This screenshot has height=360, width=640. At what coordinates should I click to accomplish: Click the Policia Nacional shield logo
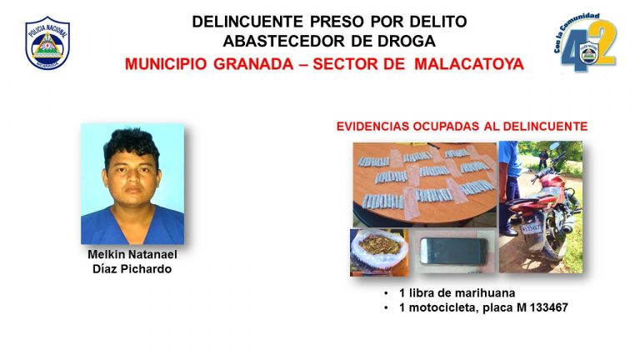point(47,42)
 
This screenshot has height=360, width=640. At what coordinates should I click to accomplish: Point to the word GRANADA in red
point(253,64)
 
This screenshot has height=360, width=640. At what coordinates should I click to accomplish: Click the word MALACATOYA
point(469,64)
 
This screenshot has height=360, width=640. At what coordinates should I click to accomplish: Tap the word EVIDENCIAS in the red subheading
point(372,127)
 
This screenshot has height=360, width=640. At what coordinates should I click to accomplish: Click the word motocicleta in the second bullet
point(442,307)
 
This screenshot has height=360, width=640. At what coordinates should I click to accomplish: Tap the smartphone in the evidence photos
point(453,252)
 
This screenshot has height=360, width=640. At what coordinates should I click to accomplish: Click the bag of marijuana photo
point(379,252)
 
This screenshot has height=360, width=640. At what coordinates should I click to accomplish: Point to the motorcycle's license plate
point(531,228)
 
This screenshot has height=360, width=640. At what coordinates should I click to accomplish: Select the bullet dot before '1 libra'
point(386,293)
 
